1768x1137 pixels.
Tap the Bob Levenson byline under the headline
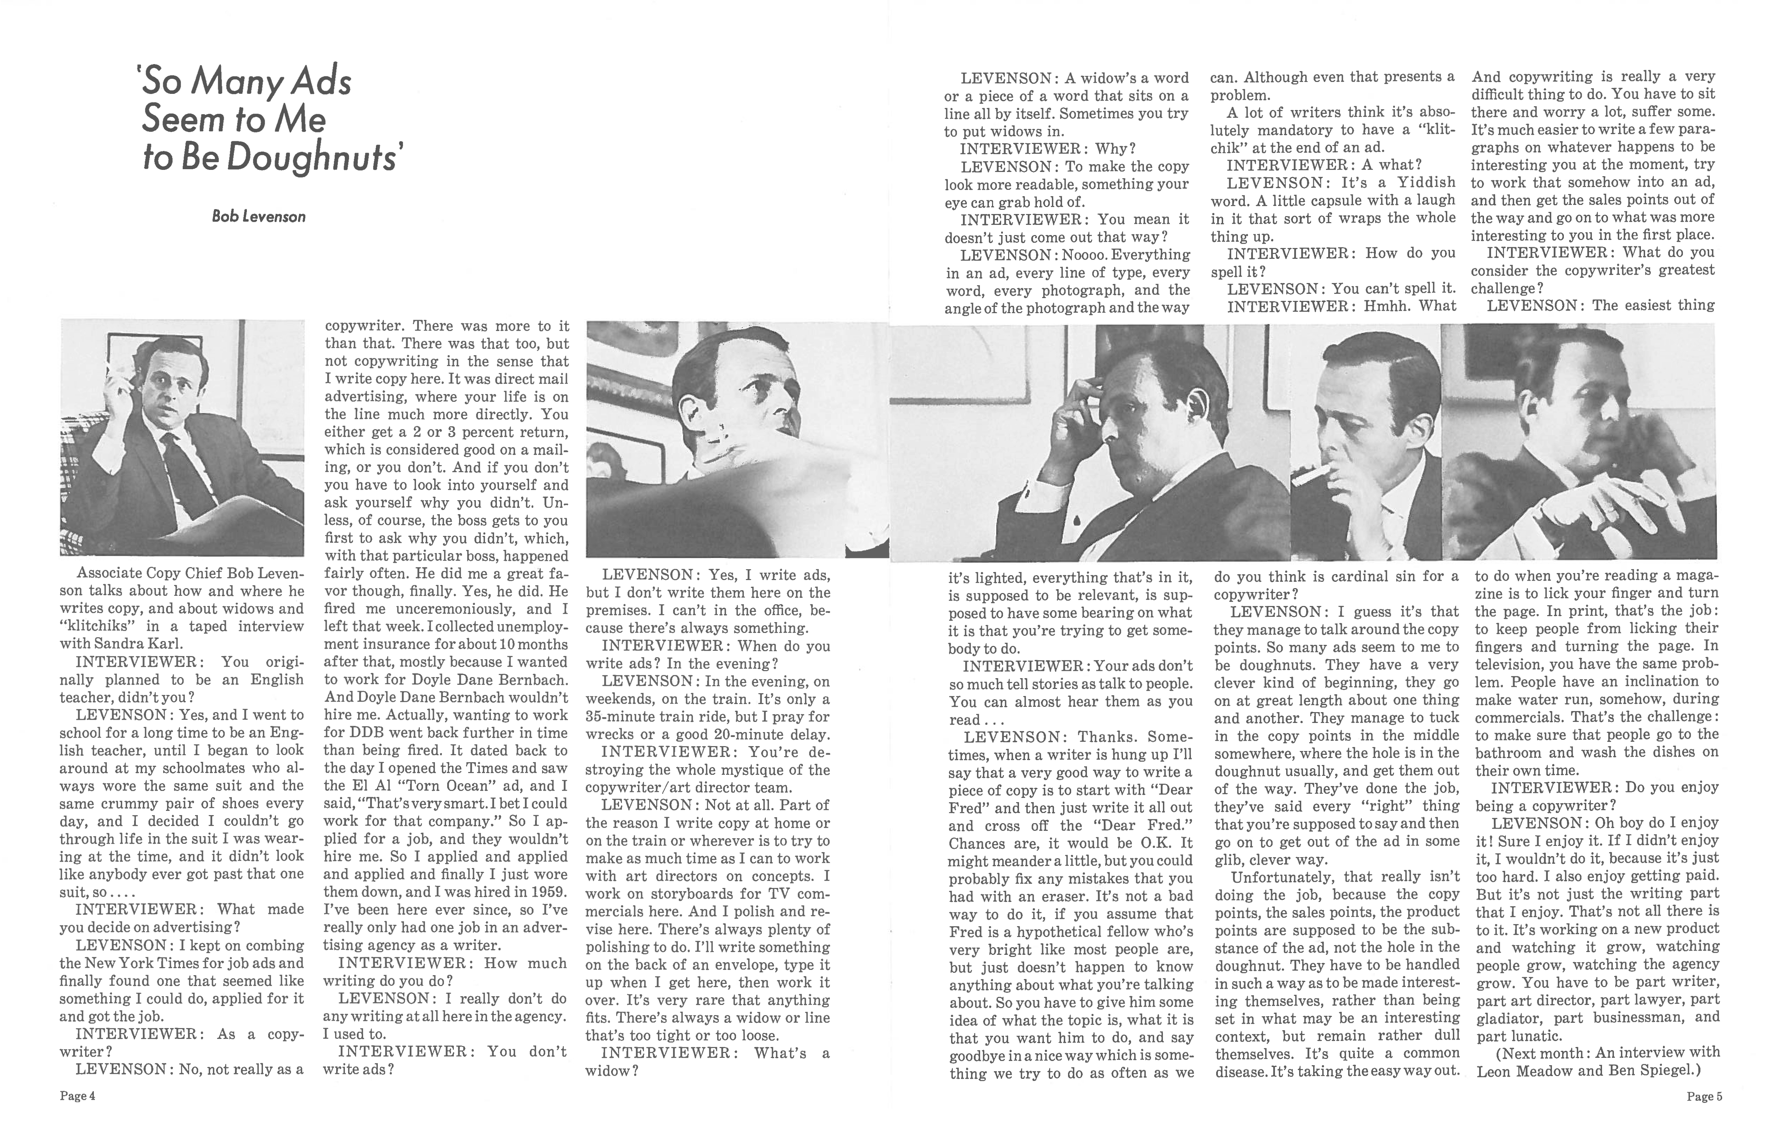point(258,216)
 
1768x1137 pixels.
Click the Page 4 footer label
point(77,1096)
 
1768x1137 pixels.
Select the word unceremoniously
point(468,609)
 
